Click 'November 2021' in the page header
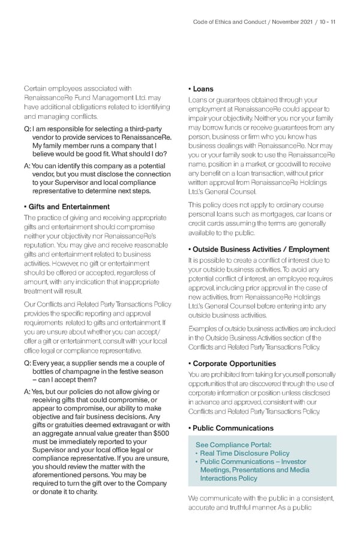[292, 23]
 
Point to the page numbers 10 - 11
[327, 23]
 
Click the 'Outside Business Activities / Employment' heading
[259, 249]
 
